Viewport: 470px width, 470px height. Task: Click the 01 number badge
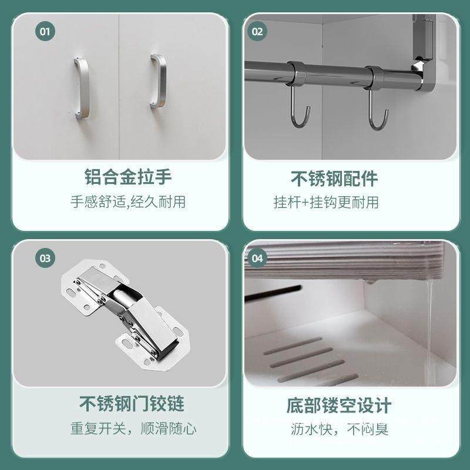(x=43, y=31)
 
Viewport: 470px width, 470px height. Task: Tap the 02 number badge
(x=257, y=31)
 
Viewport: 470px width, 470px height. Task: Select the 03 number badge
(x=43, y=257)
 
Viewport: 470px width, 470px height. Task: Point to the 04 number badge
(x=257, y=257)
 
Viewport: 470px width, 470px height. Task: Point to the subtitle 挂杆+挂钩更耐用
(x=326, y=202)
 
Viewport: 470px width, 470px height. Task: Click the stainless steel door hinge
(x=123, y=317)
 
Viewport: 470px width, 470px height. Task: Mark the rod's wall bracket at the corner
(x=424, y=53)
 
